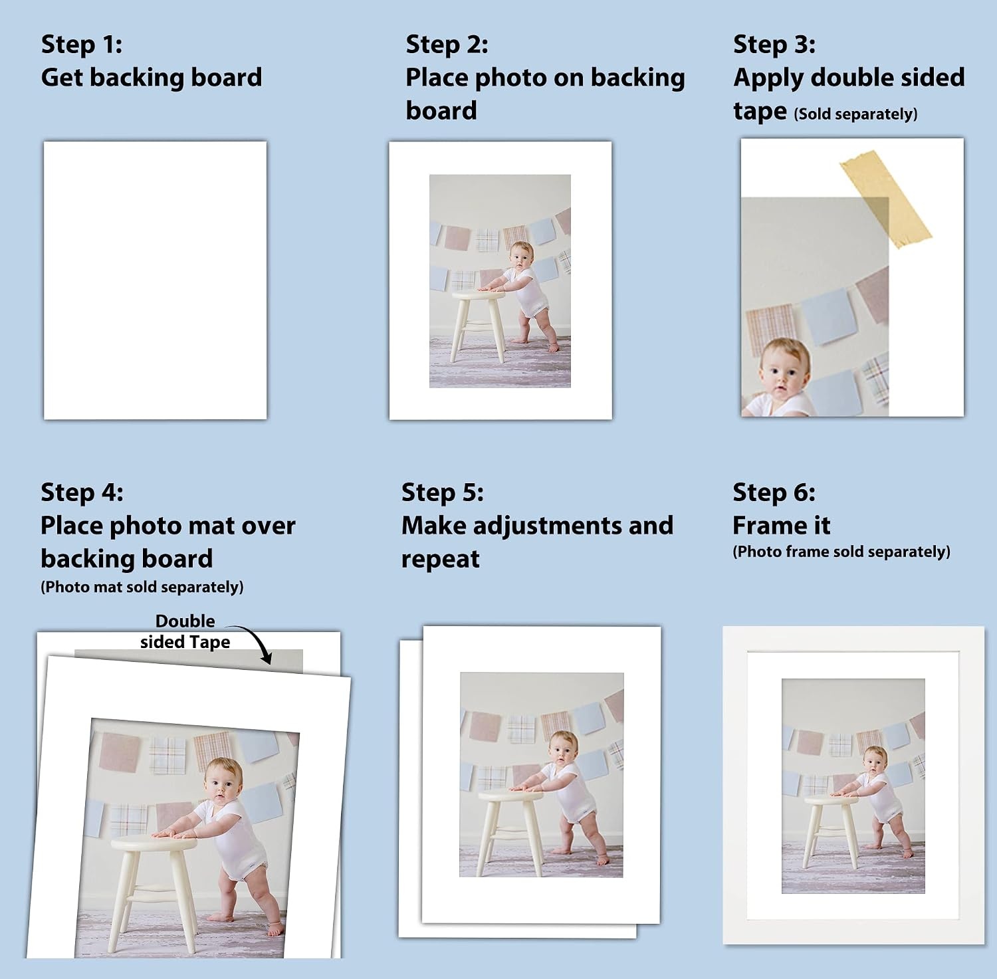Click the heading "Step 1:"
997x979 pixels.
pyautogui.click(x=82, y=45)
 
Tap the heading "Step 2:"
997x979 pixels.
pyautogui.click(x=447, y=45)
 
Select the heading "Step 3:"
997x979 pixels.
pyautogui.click(x=774, y=45)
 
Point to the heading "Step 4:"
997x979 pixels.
pyautogui.click(x=82, y=492)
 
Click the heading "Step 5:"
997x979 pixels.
pyautogui.click(x=443, y=492)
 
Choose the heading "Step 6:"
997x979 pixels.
pyautogui.click(x=774, y=492)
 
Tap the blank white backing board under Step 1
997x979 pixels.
pyautogui.click(x=155, y=280)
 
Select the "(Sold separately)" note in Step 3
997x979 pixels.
pyautogui.click(x=855, y=114)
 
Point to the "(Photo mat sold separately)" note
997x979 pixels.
pyautogui.click(x=142, y=588)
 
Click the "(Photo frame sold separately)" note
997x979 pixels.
pyautogui.click(x=841, y=552)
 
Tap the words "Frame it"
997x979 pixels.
pyautogui.click(x=782, y=526)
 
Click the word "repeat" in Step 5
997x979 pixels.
pyautogui.click(x=441, y=560)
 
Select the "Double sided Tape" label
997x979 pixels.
pyautogui.click(x=185, y=631)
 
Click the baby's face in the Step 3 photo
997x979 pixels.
pyautogui.click(x=785, y=374)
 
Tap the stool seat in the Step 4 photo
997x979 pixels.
pyautogui.click(x=154, y=843)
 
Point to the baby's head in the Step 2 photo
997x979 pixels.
pyautogui.click(x=521, y=256)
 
